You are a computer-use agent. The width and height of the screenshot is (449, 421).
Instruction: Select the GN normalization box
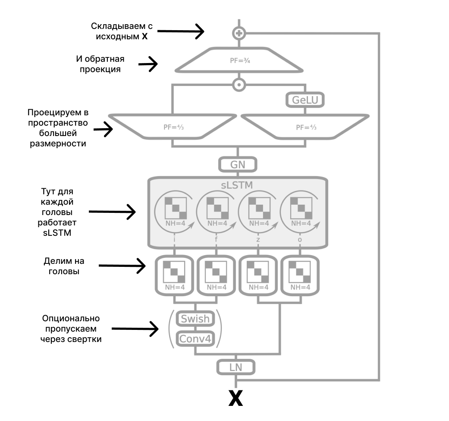pos(238,165)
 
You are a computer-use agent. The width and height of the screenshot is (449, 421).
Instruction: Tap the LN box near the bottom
pos(235,367)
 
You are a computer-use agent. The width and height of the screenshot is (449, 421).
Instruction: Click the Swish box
pos(195,319)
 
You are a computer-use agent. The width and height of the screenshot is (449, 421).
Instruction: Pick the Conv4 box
pos(195,339)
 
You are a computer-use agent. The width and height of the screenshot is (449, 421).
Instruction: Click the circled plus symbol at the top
pos(239,33)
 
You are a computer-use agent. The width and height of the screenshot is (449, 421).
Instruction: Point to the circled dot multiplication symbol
pos(239,84)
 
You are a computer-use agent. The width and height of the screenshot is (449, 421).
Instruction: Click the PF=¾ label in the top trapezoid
pos(240,60)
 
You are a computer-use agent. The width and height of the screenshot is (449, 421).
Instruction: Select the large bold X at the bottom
pos(235,398)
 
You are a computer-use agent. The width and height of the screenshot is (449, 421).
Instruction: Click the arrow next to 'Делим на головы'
pos(122,266)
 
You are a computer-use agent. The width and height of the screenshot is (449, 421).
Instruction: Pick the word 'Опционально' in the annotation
pos(71,319)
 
